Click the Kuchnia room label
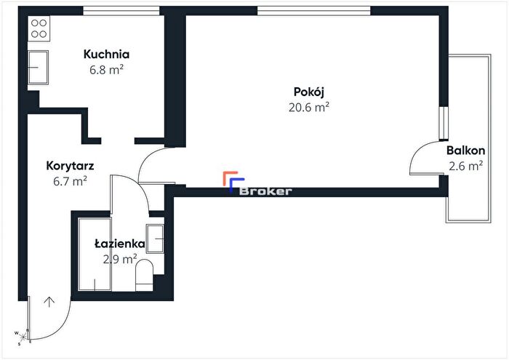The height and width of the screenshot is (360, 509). coord(106,55)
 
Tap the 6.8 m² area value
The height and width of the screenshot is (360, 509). coord(106,70)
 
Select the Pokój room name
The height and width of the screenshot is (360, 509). coord(309,92)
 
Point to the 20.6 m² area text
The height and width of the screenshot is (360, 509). coord(309,107)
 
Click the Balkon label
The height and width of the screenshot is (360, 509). coord(465,151)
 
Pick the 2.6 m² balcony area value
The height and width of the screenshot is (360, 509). coord(465,166)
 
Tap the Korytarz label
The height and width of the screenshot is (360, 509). coord(70,166)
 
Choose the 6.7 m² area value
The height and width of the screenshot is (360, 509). coord(70,181)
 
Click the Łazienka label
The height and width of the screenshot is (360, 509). coord(120,244)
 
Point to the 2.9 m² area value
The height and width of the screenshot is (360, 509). coord(120,259)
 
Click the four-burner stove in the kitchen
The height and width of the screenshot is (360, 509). coord(39,28)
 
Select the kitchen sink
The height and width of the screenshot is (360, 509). coord(38,68)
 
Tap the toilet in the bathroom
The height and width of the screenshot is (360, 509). coord(144,275)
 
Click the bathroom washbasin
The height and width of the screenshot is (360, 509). coord(155,239)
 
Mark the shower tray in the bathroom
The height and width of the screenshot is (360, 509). coord(95,255)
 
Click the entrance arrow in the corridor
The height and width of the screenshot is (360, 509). coord(49,302)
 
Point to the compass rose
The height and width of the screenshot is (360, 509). coord(23,337)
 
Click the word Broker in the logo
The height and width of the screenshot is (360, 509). coord(265,191)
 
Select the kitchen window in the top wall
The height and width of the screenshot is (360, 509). coord(121,11)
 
